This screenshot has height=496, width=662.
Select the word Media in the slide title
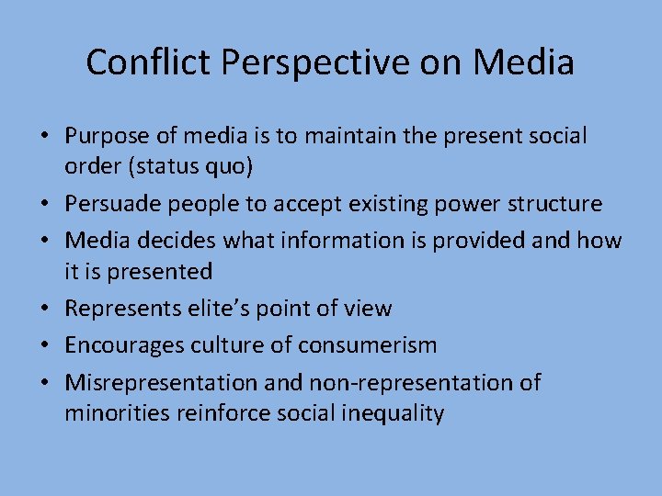point(524,62)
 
